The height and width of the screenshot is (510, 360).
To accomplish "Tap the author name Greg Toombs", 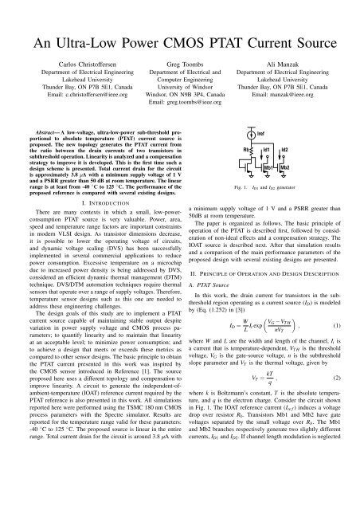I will point(179,59).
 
